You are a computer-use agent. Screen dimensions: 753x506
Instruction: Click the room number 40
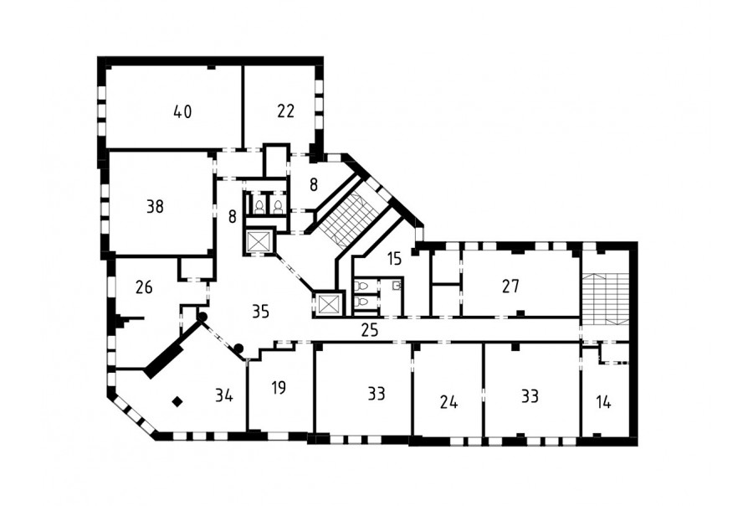pos(182,112)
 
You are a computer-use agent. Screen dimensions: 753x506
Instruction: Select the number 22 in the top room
pos(286,111)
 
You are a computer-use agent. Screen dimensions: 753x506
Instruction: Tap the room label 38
pos(155,207)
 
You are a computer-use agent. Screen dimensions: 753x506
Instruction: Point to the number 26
pos(144,287)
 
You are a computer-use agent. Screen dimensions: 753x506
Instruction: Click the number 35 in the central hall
pos(260,312)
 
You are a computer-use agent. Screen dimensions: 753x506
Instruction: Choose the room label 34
pos(224,396)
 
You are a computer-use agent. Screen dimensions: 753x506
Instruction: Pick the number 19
pos(279,388)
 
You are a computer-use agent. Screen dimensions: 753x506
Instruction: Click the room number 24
pos(448,401)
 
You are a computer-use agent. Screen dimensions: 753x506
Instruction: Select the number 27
pos(510,287)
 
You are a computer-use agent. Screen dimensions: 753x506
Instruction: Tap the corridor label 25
pos(370,330)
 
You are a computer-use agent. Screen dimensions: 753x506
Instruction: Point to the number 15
pos(394,259)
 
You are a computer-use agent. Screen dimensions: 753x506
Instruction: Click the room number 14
pos(603,402)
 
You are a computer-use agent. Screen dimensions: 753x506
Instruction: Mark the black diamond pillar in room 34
pos(177,401)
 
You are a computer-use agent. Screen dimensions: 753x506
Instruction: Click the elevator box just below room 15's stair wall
pos(329,304)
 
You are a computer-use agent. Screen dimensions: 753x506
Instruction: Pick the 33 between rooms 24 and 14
pos(530,396)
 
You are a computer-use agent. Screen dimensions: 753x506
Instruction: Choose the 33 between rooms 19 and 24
pos(377,394)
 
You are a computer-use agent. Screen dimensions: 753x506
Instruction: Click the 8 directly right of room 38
pos(233,217)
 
